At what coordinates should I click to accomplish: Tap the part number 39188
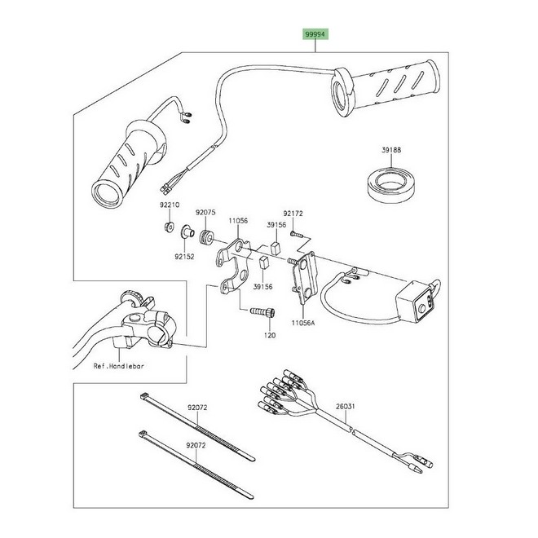pyautogui.click(x=391, y=151)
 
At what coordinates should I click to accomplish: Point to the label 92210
pyautogui.click(x=170, y=207)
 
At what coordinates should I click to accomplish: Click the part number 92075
pyautogui.click(x=205, y=213)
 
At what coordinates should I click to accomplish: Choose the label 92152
pyautogui.click(x=183, y=256)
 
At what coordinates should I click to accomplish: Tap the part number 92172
pyautogui.click(x=293, y=214)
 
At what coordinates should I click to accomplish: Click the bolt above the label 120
pyautogui.click(x=262, y=311)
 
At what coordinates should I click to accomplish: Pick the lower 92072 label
pyautogui.click(x=197, y=446)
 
